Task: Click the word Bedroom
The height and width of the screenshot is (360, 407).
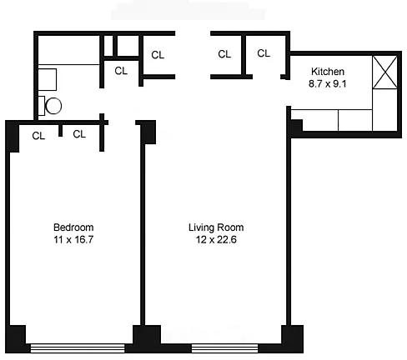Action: pos(73,227)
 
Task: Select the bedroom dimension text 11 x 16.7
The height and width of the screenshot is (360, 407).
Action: pos(73,239)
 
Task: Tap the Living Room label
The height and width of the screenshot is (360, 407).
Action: pos(216,227)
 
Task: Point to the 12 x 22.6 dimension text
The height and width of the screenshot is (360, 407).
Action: pos(216,239)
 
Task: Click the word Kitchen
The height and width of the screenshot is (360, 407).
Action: pos(328,72)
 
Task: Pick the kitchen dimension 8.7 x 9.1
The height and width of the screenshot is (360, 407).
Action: pos(328,83)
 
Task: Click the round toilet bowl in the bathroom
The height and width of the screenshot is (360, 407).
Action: pos(53,106)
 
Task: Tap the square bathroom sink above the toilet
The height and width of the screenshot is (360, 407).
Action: pos(47,80)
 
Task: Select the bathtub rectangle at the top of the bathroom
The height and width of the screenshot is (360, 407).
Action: pos(68,50)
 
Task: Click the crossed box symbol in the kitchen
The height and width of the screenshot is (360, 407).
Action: pos(384,72)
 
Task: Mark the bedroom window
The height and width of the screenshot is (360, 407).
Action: pos(78,348)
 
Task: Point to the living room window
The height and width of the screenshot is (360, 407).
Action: pos(224,348)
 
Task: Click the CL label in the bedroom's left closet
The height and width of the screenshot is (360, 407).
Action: pos(38,136)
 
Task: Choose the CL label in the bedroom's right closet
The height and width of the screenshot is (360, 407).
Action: pos(79,134)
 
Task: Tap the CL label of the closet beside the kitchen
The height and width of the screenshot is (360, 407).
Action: pos(264,53)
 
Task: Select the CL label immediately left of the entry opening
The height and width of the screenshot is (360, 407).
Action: pos(158,55)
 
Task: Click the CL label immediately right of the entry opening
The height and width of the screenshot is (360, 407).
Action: pos(224,54)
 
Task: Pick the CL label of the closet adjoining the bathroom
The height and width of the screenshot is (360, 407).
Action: pos(121,71)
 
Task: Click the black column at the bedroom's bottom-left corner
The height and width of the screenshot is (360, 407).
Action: pos(16,339)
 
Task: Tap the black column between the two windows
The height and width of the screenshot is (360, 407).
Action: pos(147,339)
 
